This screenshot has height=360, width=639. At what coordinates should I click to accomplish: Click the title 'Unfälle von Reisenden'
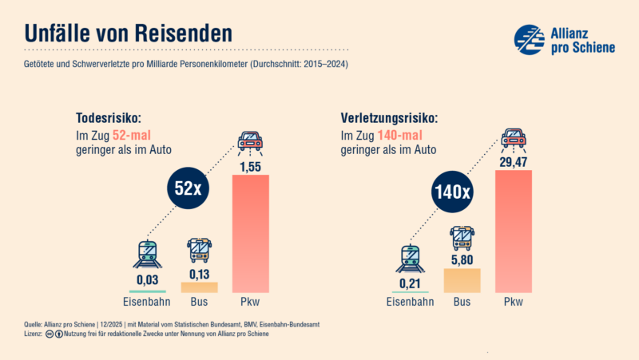pyautogui.click(x=128, y=34)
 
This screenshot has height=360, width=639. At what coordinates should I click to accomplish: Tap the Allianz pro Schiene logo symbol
pyautogui.click(x=529, y=39)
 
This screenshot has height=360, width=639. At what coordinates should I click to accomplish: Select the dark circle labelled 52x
pyautogui.click(x=188, y=190)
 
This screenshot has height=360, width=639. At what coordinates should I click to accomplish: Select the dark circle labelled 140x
pyautogui.click(x=452, y=192)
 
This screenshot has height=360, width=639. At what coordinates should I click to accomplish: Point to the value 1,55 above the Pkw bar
pyautogui.click(x=250, y=165)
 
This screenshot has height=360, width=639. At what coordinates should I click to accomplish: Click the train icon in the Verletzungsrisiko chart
pyautogui.click(x=409, y=257)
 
